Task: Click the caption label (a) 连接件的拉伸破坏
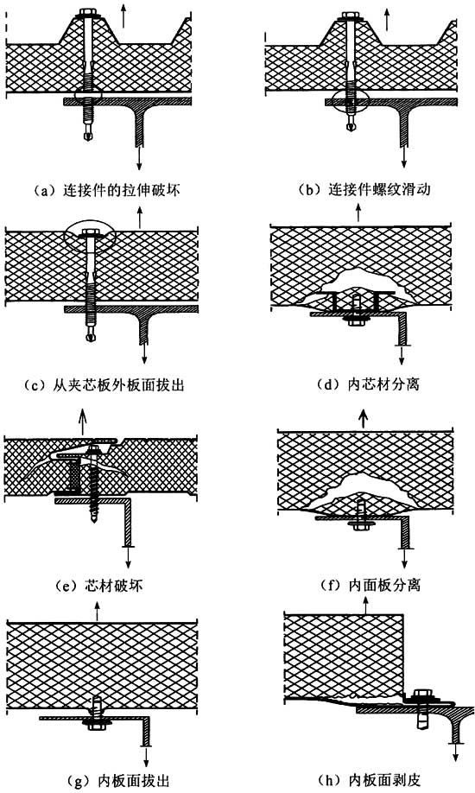105,190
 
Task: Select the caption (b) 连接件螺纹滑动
364,190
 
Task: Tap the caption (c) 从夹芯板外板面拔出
104,385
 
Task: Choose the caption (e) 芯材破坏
99,586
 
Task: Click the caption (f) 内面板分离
370,586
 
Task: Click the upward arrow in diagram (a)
123,17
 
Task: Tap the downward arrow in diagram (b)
403,153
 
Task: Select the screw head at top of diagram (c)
92,235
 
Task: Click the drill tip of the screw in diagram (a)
88,135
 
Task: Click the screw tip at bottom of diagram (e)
94,517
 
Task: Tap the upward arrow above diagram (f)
364,419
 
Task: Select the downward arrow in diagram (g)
146,754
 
